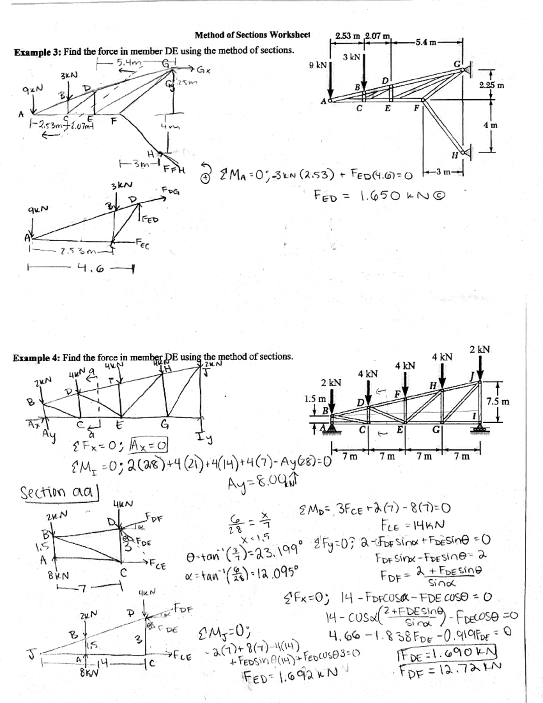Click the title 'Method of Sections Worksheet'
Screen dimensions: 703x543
[x=252, y=35]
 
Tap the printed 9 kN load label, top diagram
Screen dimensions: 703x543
[x=318, y=66]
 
